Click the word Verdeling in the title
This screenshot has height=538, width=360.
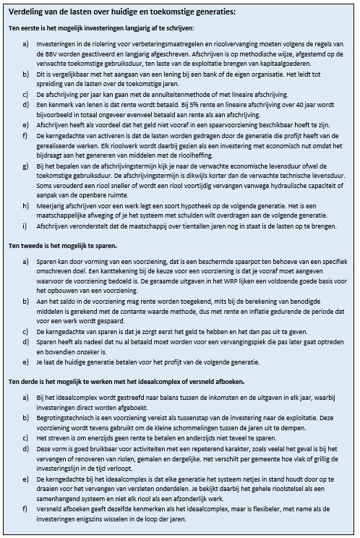pos(29,12)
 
